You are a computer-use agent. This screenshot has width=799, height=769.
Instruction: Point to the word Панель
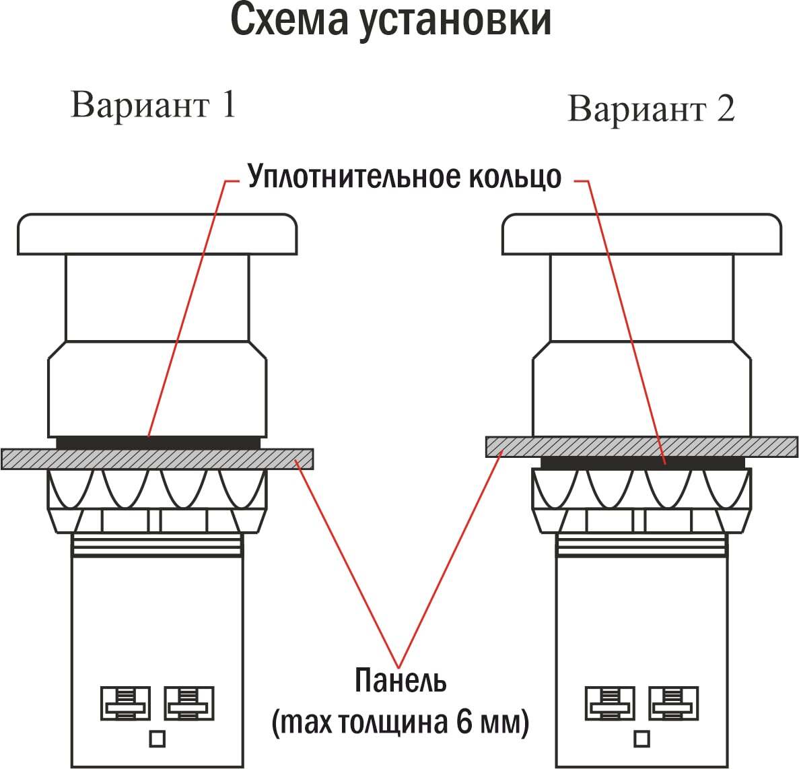(x=401, y=680)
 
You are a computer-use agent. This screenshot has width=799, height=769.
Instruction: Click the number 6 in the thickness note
(x=464, y=722)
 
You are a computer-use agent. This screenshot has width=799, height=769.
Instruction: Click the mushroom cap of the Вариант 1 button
(x=157, y=234)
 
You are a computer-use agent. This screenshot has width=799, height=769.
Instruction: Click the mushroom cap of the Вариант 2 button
(x=641, y=234)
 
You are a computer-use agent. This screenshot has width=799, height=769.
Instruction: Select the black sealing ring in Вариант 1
(x=158, y=442)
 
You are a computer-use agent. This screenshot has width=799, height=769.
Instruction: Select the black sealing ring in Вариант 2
(x=642, y=463)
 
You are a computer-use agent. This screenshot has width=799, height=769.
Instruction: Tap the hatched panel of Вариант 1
(x=157, y=459)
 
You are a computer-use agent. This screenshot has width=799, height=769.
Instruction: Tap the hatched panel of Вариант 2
(x=641, y=446)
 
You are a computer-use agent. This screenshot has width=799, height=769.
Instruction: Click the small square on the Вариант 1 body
(x=157, y=739)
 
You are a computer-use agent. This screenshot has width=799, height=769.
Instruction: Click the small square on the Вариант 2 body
(x=641, y=739)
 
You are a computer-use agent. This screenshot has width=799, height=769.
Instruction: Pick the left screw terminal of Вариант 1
(x=125, y=703)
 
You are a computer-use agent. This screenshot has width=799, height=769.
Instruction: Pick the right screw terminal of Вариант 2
(x=673, y=703)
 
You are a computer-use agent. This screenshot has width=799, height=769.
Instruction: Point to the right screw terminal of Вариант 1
(x=188, y=703)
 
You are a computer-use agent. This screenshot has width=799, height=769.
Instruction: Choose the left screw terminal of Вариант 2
(x=610, y=703)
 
